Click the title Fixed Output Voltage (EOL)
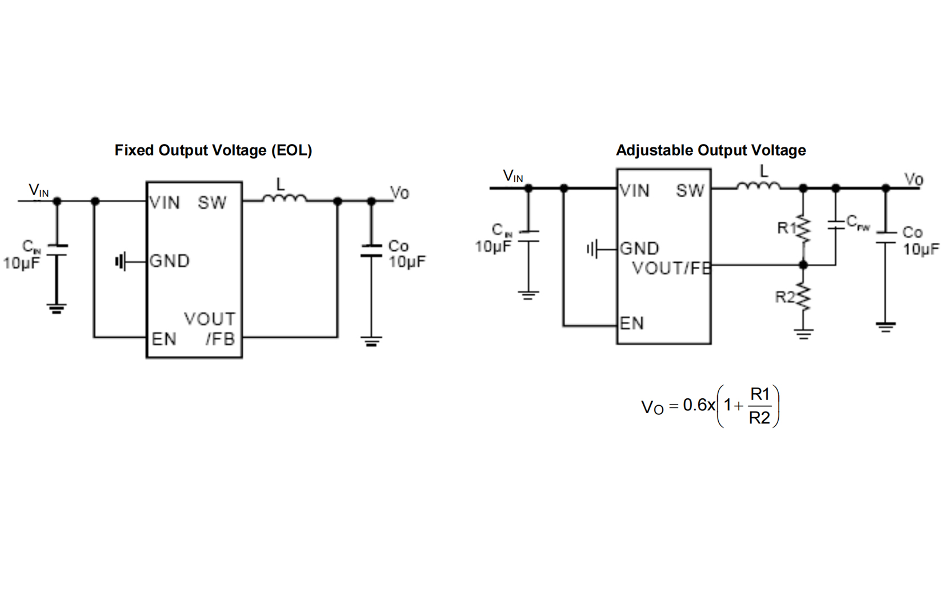pos(213,150)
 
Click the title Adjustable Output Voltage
pos(710,150)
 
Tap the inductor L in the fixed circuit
pos(284,198)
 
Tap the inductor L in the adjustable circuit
pos(758,185)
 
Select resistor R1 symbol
pos(803,229)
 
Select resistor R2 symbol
pos(803,297)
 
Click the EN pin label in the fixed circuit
pos(164,339)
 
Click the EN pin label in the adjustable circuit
pos(632,323)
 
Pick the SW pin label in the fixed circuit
pos(212,203)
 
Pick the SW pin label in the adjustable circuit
pos(690,191)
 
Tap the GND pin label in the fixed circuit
pos(169,261)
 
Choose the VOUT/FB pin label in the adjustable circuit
pos(671,268)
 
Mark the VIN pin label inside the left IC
pos(165,203)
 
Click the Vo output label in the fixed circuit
pos(399,193)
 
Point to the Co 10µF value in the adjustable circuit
pos(920,249)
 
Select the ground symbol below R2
pos(803,334)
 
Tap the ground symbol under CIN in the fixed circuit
pos(56,309)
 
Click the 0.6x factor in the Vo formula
pos(699,405)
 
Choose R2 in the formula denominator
pos(759,418)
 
